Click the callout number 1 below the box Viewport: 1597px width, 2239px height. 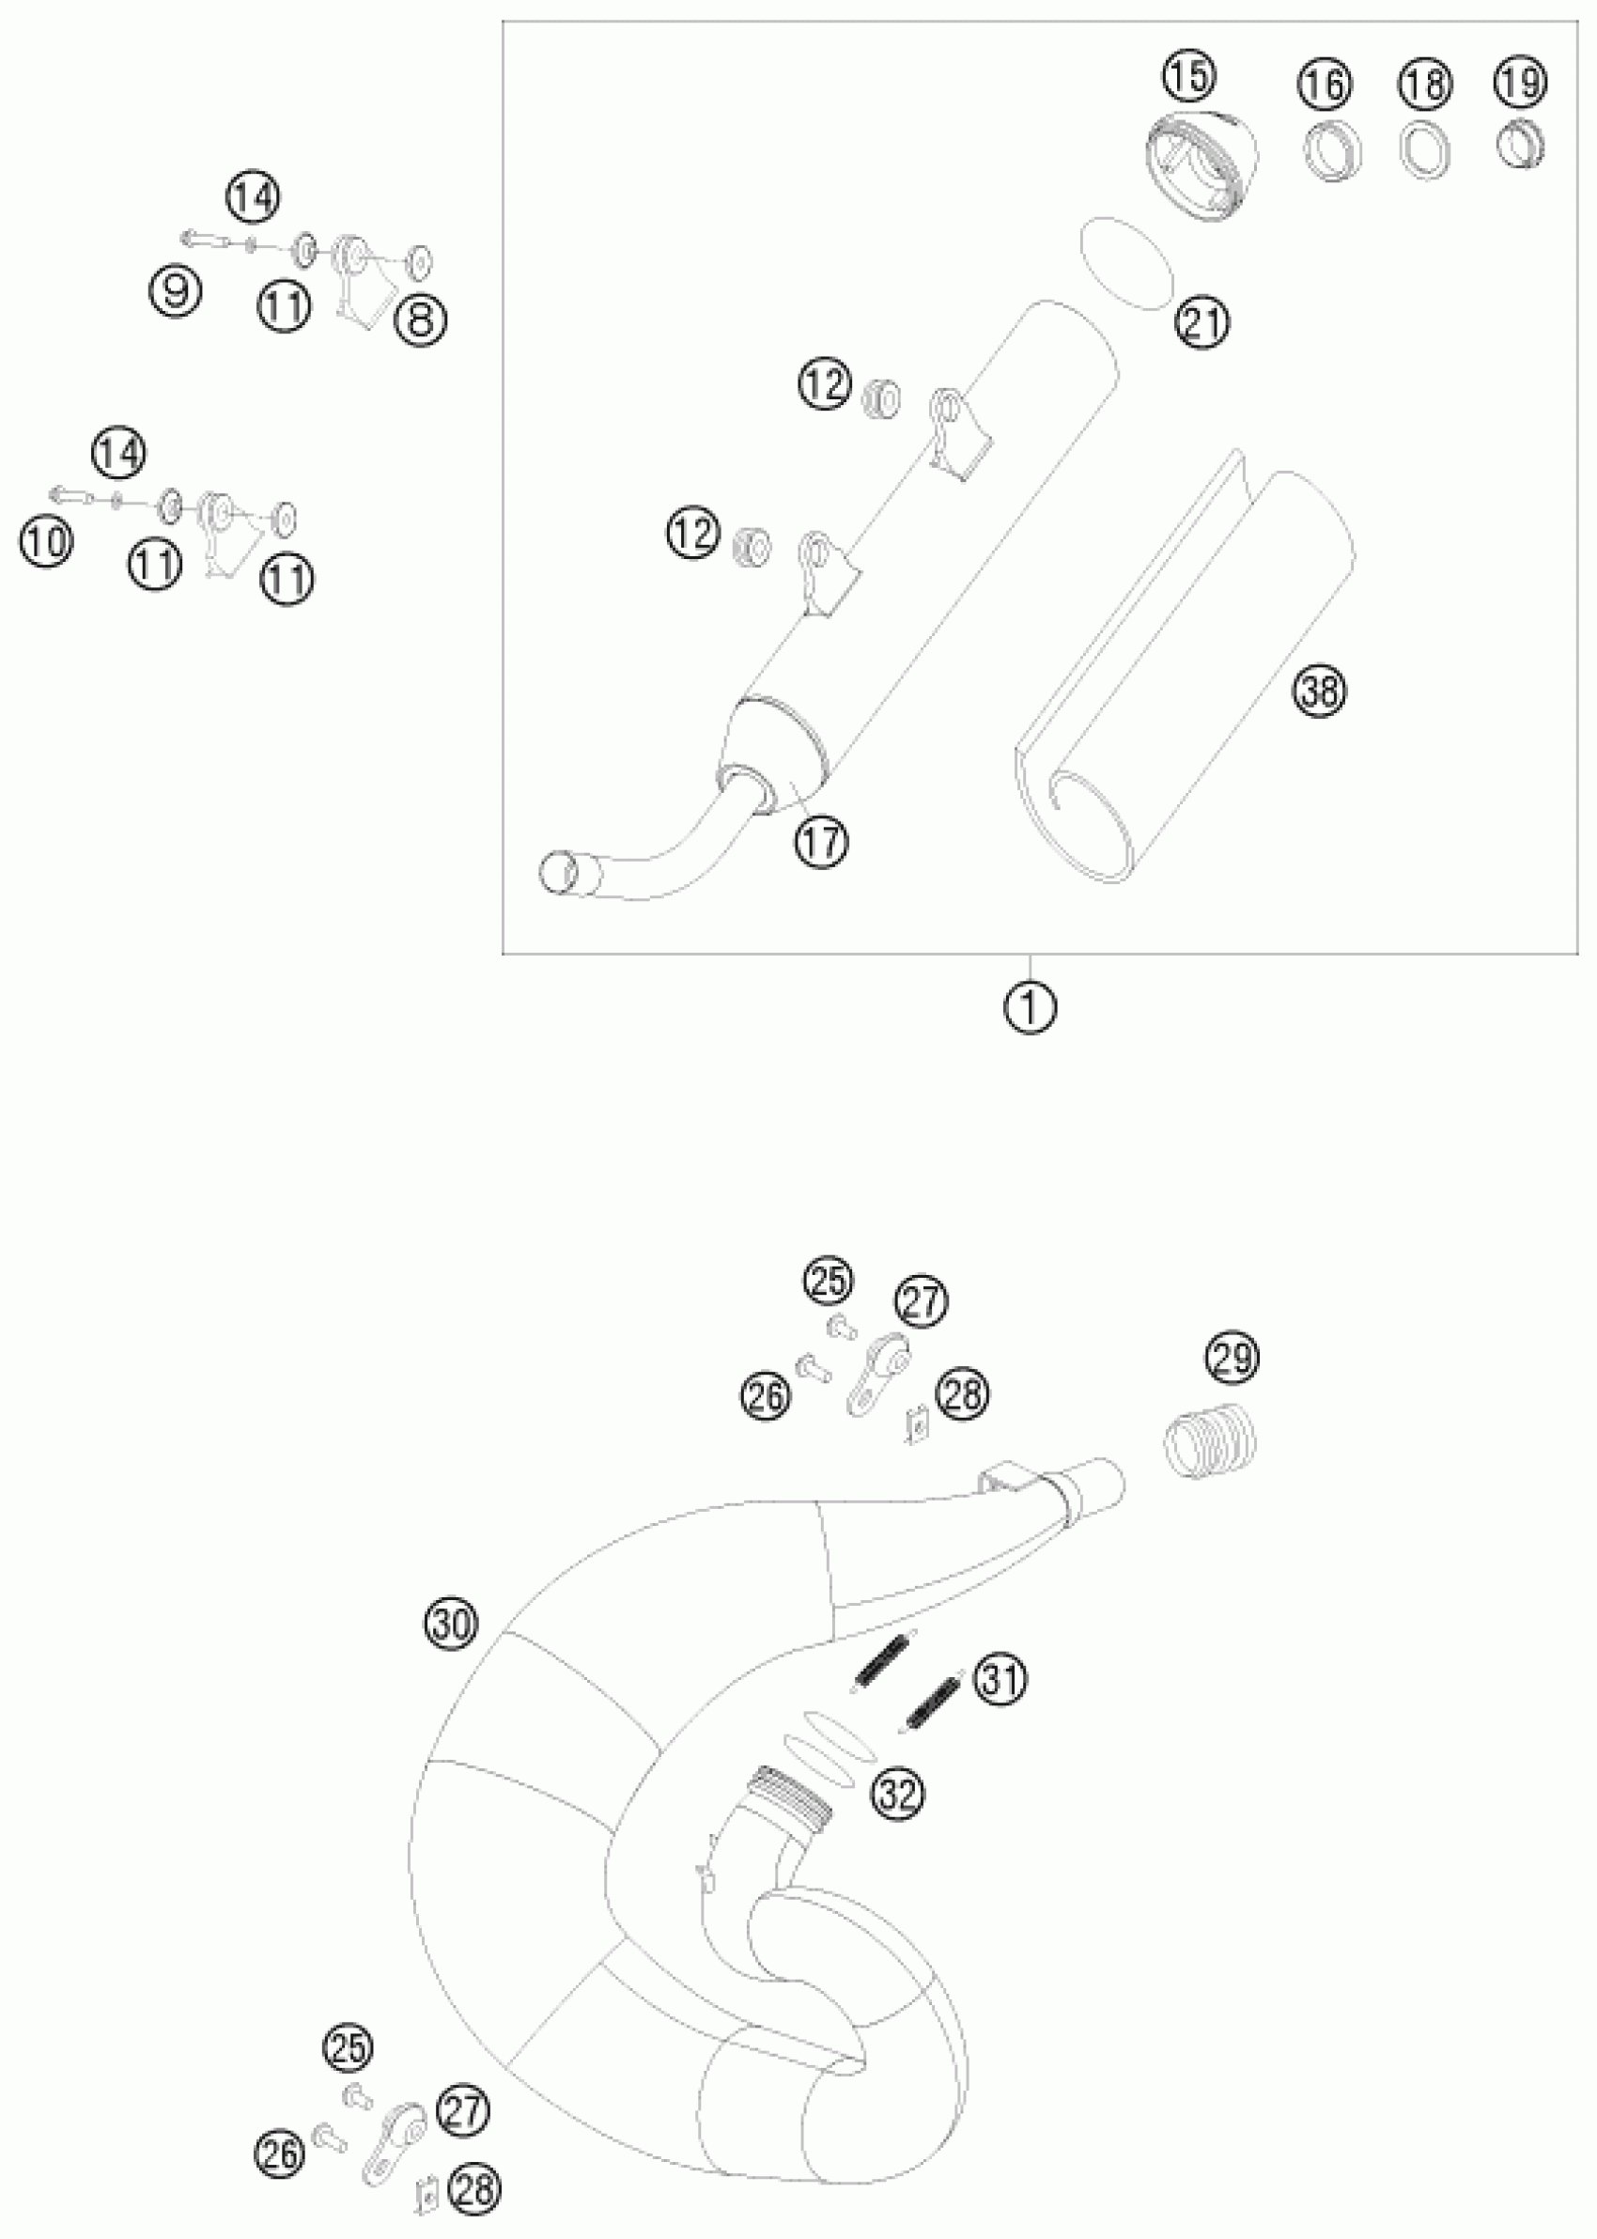1031,1008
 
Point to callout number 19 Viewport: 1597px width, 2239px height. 1519,83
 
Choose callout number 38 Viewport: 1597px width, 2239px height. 1320,691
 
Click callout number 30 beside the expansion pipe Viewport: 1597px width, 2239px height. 451,1624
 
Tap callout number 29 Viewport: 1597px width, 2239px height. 1233,1358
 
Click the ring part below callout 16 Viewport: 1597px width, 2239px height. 1331,152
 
